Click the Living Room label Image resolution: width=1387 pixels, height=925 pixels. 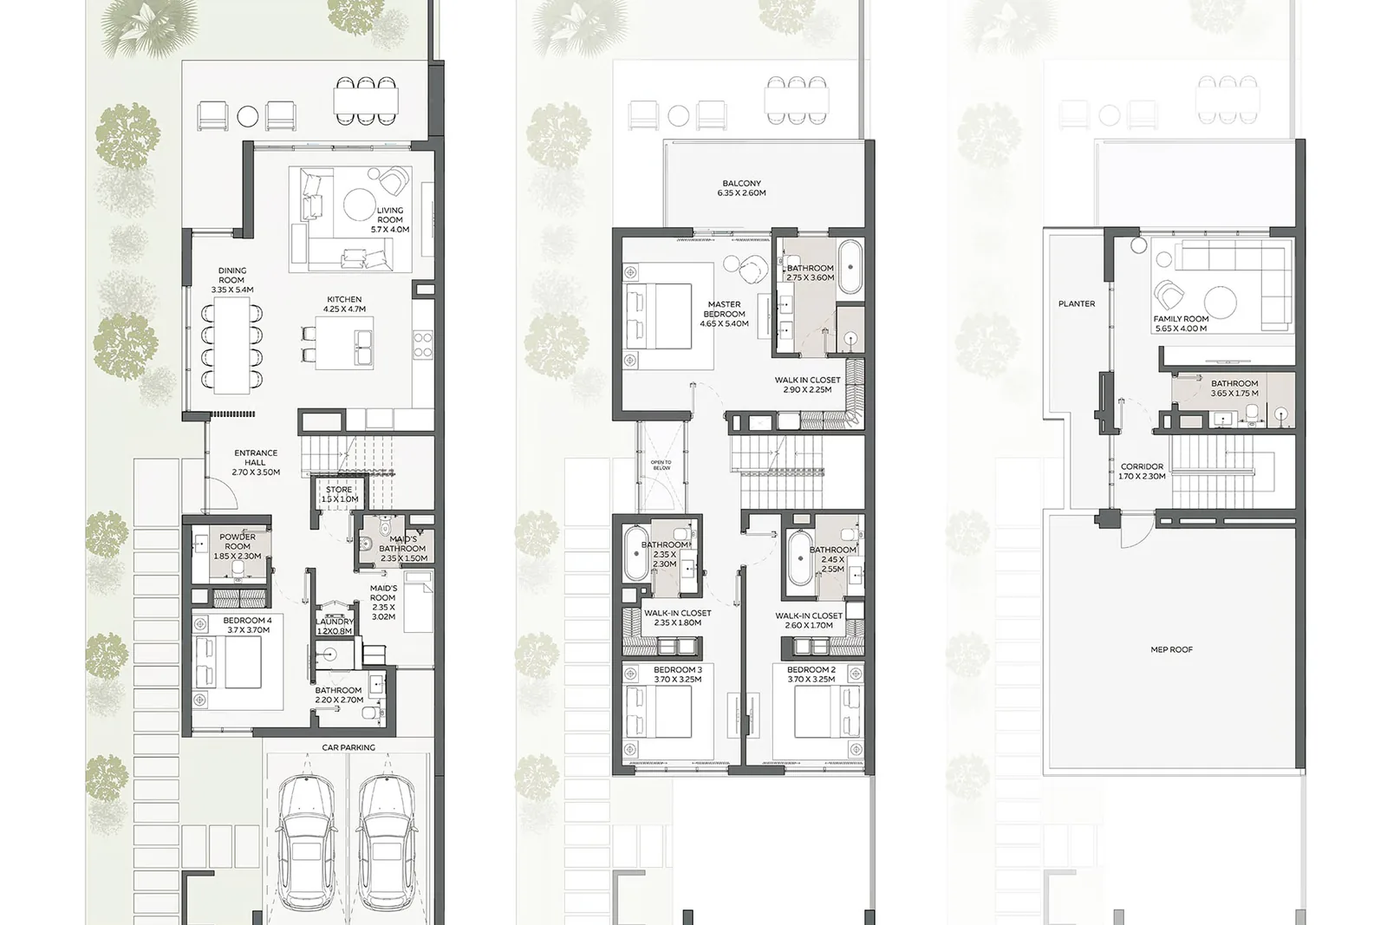tap(390, 220)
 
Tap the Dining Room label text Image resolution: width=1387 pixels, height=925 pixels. tap(232, 280)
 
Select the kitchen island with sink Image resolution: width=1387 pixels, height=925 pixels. tap(344, 343)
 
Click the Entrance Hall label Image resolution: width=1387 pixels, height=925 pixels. tap(256, 463)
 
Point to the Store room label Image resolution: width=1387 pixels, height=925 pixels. tap(339, 494)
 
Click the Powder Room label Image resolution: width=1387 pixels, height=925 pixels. tap(238, 546)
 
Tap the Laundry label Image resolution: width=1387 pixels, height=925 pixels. tap(335, 626)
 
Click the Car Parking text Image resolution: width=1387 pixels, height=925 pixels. tap(348, 747)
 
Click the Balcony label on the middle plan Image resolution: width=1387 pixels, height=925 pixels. tap(742, 188)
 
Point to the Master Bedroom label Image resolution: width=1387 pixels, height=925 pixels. tap(725, 314)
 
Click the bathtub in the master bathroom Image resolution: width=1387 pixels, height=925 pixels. tap(850, 268)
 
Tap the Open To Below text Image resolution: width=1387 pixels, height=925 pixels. tap(661, 465)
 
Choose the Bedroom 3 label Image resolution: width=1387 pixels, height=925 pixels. tap(678, 674)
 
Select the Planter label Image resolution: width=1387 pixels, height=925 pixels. tap(1077, 304)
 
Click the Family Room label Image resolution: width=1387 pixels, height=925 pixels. tap(1180, 324)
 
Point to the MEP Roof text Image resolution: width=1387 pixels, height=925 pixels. tap(1171, 649)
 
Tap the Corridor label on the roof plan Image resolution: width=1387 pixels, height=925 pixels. tap(1142, 471)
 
